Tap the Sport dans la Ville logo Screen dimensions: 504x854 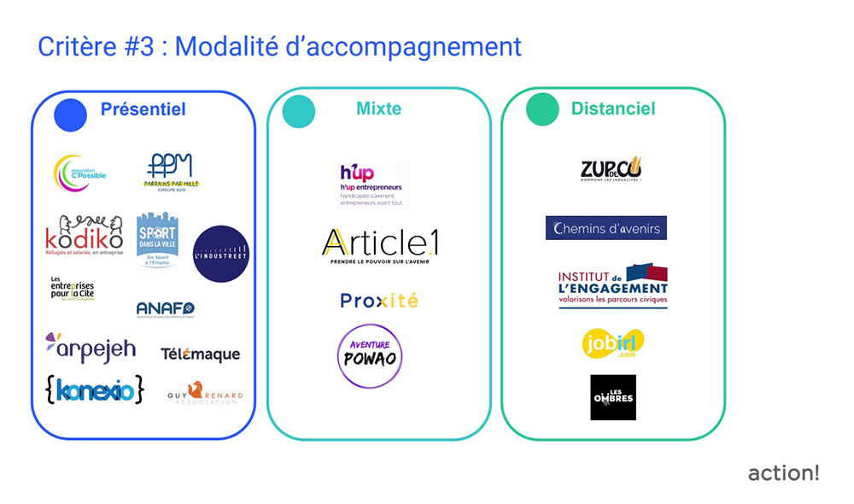(x=157, y=238)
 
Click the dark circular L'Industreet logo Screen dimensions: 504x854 (x=220, y=253)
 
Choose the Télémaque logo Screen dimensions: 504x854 (x=200, y=354)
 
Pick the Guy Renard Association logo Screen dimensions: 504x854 (x=205, y=393)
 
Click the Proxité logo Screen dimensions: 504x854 (x=379, y=301)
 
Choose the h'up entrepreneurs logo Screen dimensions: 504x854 (x=372, y=185)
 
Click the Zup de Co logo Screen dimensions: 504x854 (x=611, y=169)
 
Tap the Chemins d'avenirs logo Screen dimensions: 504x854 (x=605, y=228)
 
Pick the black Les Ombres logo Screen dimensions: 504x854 (x=612, y=396)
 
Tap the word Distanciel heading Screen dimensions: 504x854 (x=613, y=109)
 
